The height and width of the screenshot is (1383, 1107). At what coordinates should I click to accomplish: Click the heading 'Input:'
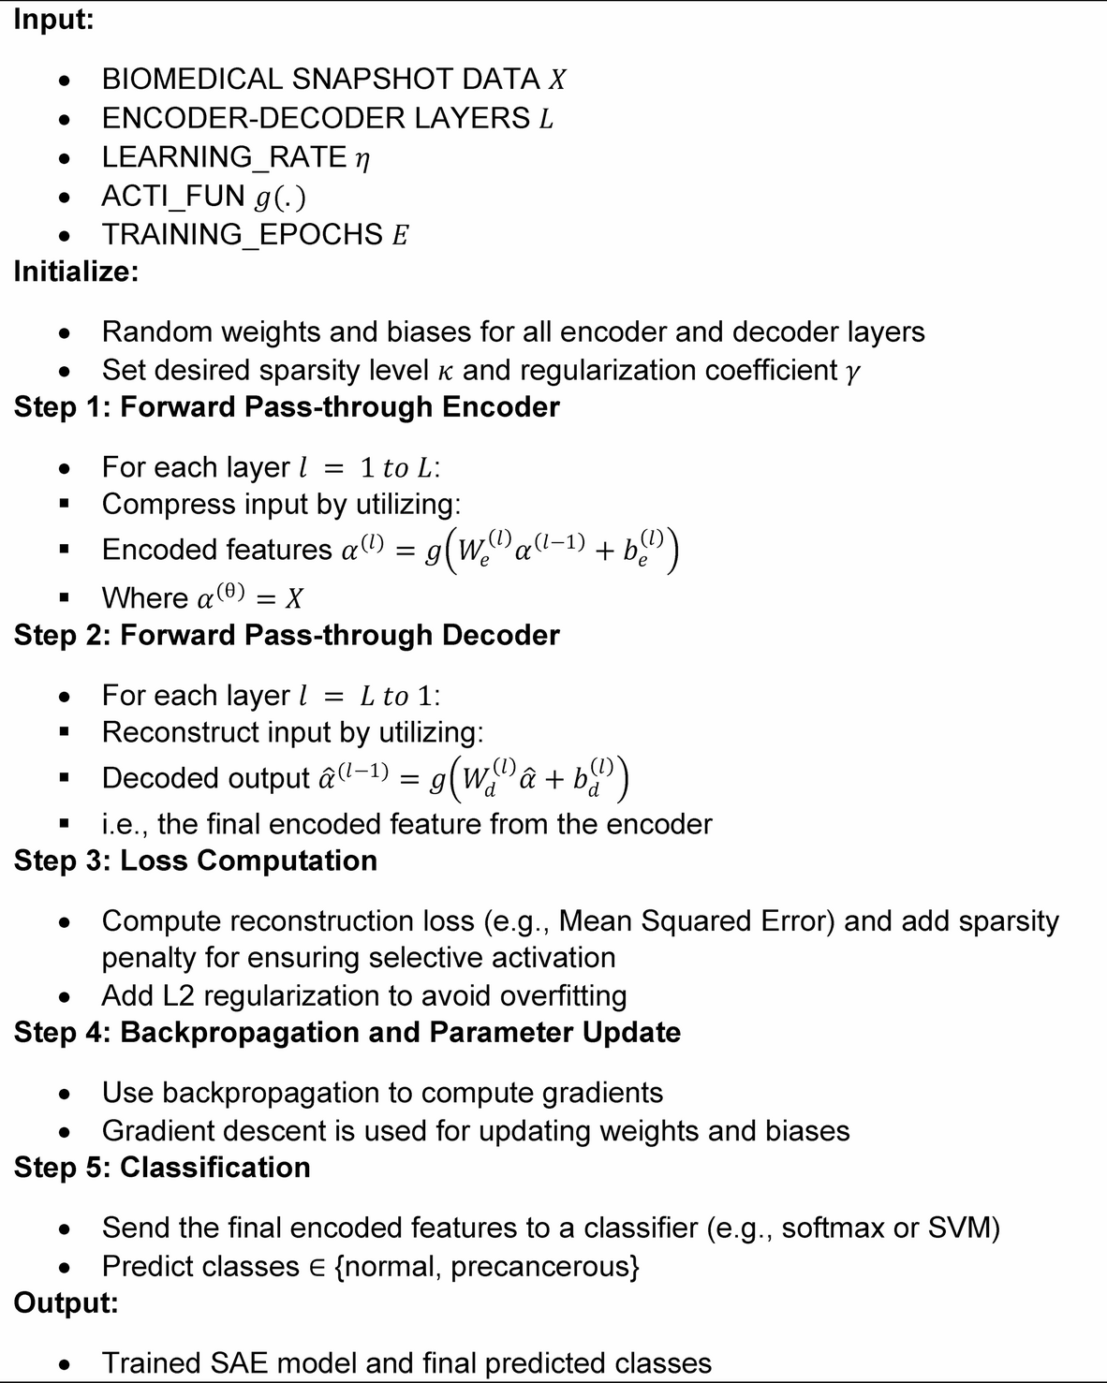53,20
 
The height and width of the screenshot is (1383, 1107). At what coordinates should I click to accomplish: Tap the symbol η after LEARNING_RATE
362,158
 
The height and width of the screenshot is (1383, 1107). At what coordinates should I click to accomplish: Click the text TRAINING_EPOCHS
243,234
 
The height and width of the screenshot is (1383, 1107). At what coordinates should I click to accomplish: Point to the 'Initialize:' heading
76,272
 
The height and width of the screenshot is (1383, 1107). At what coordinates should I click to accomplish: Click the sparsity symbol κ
446,371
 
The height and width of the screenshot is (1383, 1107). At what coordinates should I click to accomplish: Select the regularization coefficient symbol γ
851,372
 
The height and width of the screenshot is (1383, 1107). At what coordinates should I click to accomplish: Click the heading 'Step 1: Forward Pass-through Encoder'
287,407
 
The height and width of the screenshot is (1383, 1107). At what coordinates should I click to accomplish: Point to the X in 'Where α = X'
294,598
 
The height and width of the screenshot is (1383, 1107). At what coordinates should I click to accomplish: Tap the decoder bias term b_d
596,779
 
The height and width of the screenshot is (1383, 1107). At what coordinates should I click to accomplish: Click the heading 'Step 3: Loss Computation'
195,861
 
